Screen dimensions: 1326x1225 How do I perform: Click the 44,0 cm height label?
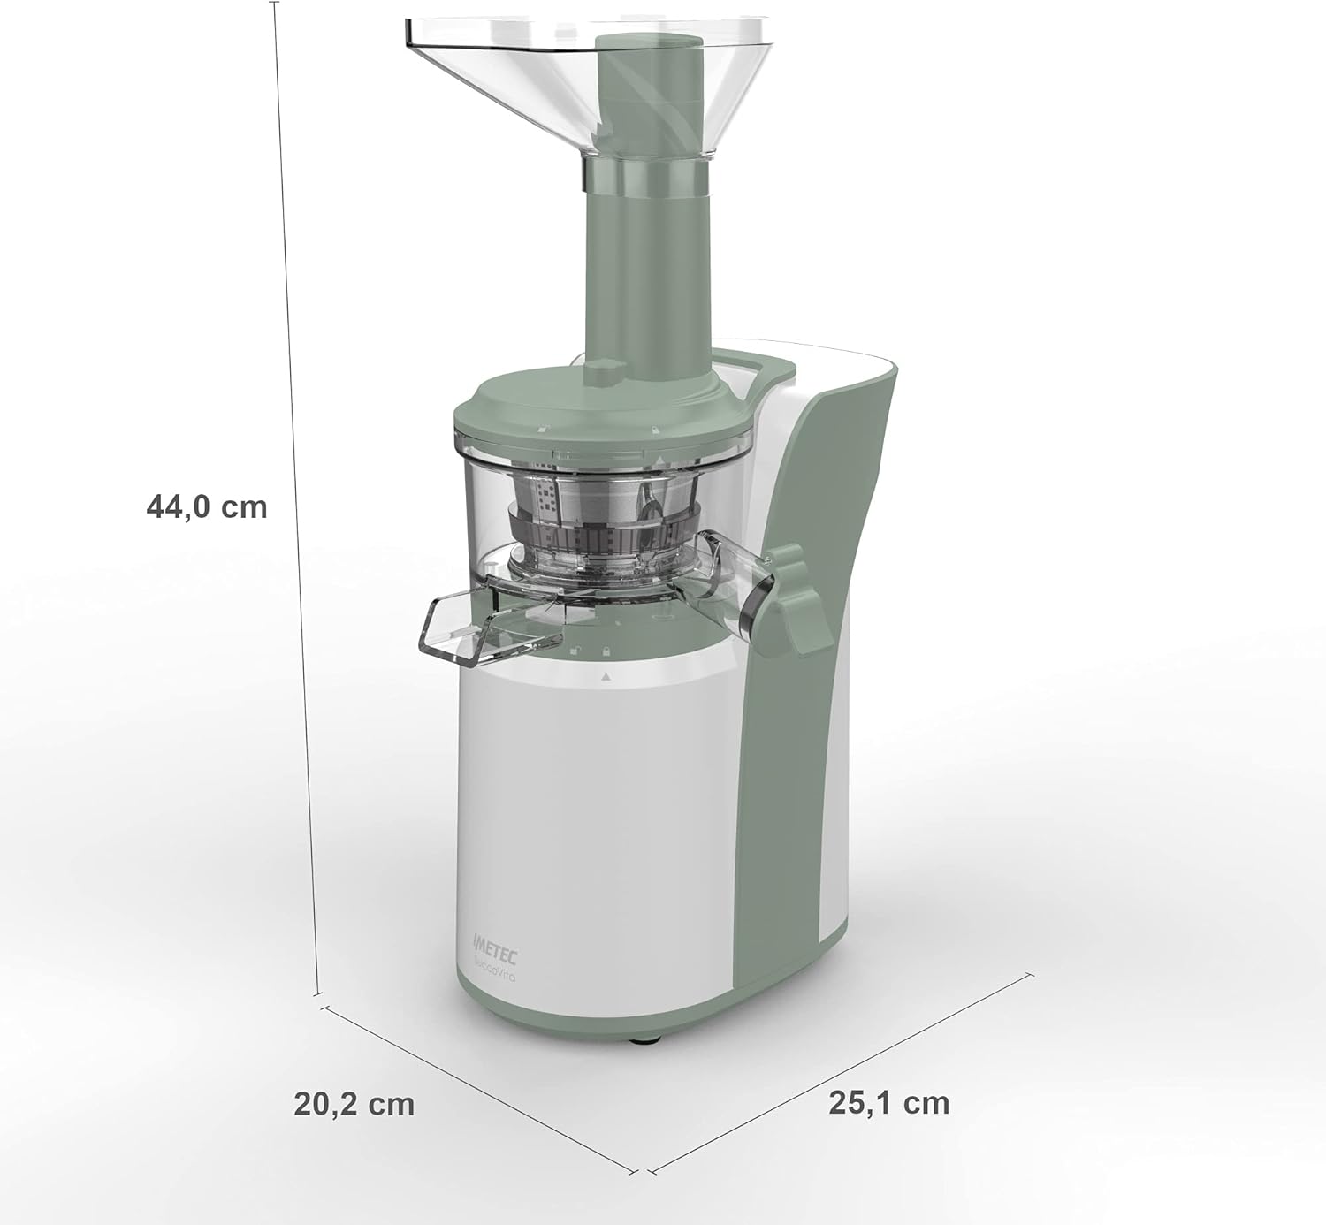[206, 507]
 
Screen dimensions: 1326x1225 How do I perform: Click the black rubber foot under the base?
[643, 1039]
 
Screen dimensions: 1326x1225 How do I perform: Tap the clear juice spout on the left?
[469, 626]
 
